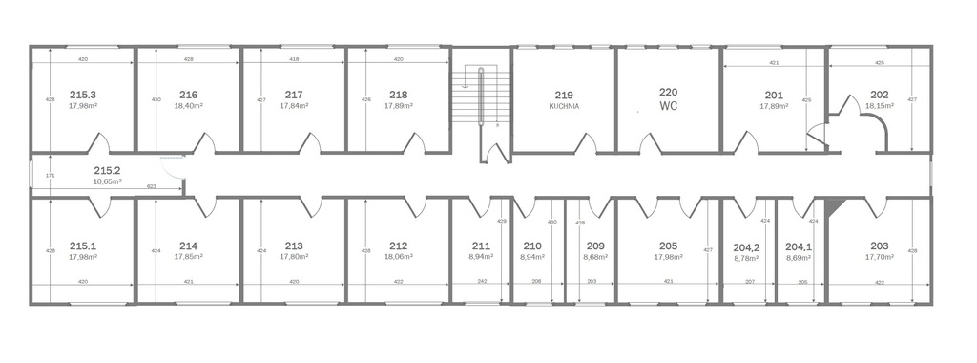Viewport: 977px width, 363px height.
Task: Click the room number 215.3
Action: (x=83, y=95)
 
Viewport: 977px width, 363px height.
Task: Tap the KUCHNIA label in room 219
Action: (x=564, y=107)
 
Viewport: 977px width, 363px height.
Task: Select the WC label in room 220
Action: (x=668, y=106)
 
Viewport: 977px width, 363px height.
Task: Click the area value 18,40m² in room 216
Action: (x=188, y=107)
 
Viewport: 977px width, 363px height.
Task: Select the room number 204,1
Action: (x=798, y=246)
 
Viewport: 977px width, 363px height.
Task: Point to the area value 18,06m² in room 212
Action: (x=399, y=256)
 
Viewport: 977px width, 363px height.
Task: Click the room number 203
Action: (x=879, y=246)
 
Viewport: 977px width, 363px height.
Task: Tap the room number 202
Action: (x=880, y=95)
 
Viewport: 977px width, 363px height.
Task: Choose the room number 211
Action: (x=481, y=246)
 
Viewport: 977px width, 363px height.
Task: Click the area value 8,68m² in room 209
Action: (x=595, y=256)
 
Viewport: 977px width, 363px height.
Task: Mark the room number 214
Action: (x=188, y=246)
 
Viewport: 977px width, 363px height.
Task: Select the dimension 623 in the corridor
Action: (x=151, y=186)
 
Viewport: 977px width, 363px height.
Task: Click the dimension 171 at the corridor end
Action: (x=51, y=176)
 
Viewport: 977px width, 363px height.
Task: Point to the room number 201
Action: (x=774, y=95)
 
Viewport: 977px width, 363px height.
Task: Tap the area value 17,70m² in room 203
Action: (x=879, y=256)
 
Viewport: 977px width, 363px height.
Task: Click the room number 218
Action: (x=399, y=95)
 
